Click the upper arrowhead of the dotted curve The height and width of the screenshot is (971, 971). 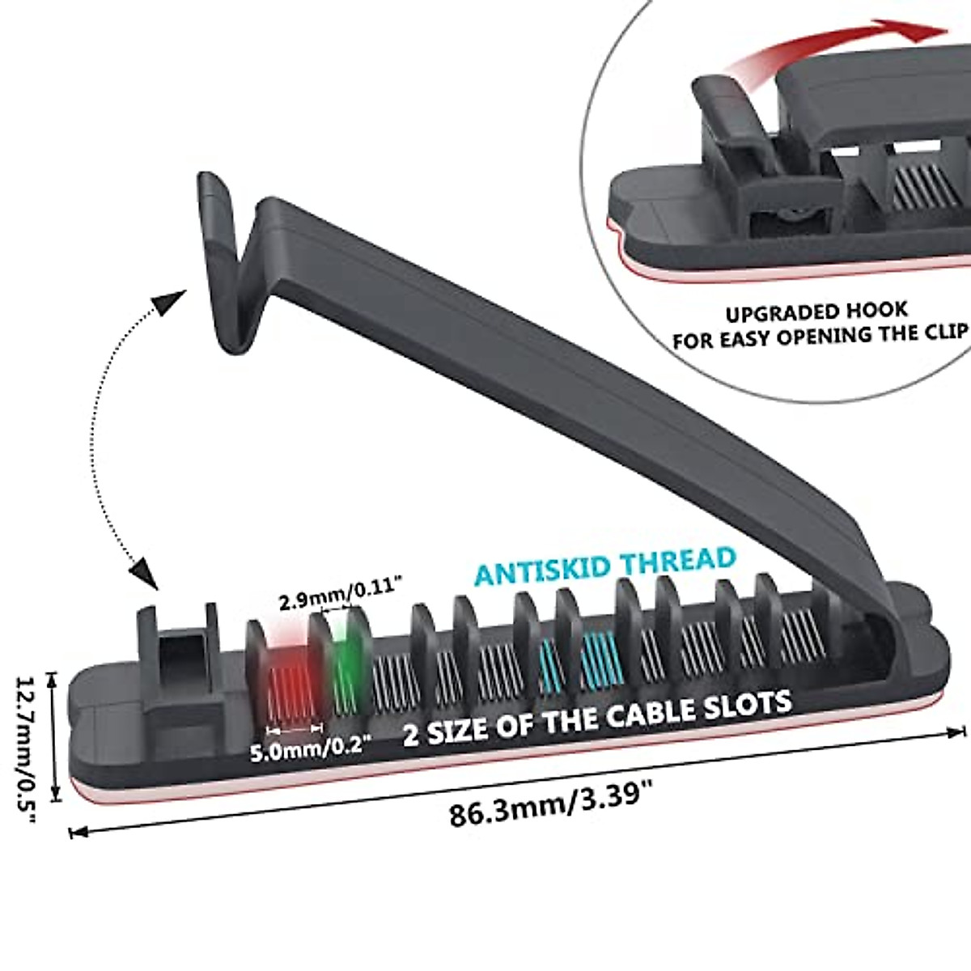click(x=168, y=303)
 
